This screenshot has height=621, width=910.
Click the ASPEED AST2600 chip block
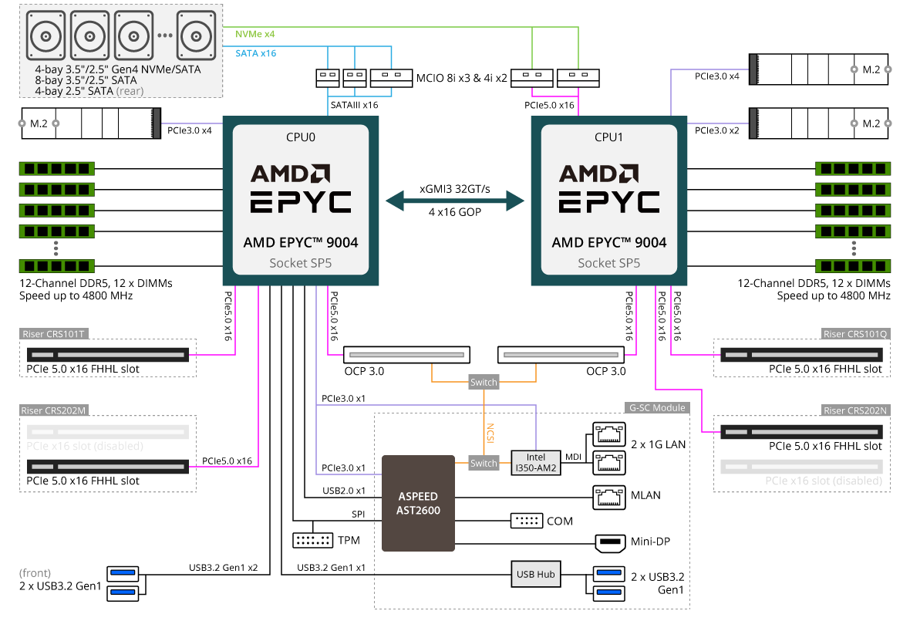(418, 503)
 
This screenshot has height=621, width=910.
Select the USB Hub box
(536, 574)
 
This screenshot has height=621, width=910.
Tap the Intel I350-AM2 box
(536, 463)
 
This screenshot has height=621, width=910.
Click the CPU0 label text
(301, 137)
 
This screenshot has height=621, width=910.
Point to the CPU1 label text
(608, 137)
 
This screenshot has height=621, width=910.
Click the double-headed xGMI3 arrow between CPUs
(455, 201)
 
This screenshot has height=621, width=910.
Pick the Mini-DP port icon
(610, 542)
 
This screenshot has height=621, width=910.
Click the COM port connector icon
(527, 521)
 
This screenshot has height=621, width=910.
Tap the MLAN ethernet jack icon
(608, 498)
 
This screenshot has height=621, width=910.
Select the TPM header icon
(313, 540)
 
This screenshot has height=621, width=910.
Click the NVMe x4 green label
(254, 34)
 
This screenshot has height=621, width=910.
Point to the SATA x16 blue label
(255, 53)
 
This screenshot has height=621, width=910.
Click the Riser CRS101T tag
(53, 334)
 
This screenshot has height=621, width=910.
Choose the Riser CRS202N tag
(855, 410)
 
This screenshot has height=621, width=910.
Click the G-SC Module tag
(657, 407)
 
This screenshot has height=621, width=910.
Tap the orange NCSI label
(490, 433)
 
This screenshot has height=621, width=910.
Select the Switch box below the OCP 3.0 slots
(484, 382)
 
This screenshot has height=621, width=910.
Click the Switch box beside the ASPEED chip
(484, 463)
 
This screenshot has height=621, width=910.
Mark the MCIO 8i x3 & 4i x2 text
(461, 78)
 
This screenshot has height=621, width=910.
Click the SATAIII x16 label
(354, 105)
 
